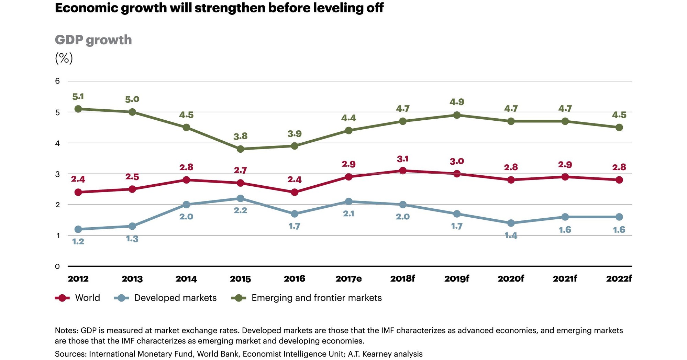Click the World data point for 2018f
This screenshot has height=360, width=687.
tap(403, 171)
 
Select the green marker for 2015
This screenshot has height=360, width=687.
tap(241, 149)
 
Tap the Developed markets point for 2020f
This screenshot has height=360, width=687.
tap(511, 223)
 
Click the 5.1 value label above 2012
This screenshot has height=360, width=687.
tap(78, 97)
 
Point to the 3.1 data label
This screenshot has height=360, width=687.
tap(403, 159)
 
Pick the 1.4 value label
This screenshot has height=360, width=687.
tap(511, 236)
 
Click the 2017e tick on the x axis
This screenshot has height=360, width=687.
tap(348, 279)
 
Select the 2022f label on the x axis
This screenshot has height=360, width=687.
tap(619, 279)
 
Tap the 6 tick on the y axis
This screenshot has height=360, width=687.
tap(57, 81)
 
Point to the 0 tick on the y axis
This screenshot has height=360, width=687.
tap(57, 266)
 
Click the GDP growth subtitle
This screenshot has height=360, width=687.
tap(93, 40)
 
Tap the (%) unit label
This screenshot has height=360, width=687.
tap(64, 58)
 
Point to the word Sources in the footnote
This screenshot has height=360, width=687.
tap(70, 354)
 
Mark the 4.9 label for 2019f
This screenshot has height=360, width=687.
tap(457, 102)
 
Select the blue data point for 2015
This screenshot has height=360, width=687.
tap(241, 198)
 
